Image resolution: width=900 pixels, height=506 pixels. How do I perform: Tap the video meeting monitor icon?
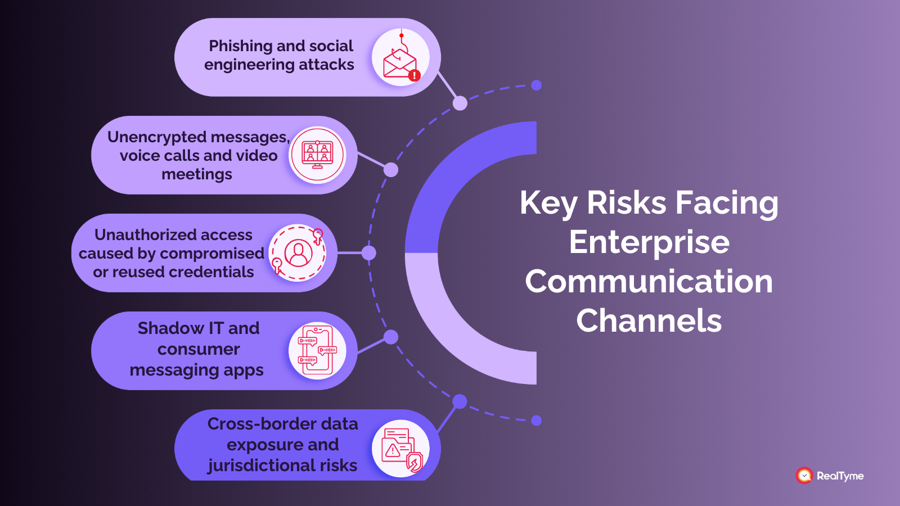317,155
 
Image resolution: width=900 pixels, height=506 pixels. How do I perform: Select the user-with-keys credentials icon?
298,253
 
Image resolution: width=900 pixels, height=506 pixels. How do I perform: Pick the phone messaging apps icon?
317,350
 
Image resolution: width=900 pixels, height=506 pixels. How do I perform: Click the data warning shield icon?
400,449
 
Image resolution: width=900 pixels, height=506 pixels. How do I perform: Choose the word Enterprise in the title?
649,242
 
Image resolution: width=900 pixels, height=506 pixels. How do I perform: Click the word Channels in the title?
649,320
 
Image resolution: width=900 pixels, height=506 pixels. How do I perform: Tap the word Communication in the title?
649,281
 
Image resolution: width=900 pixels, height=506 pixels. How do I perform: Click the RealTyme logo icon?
804,476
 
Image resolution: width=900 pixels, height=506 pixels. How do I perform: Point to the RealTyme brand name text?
840,476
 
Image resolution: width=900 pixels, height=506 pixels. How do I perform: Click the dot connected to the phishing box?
460,103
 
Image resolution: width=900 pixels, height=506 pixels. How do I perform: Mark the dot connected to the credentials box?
368,253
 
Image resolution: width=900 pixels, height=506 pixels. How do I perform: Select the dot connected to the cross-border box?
460,401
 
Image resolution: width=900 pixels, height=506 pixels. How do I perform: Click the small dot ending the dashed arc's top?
537,85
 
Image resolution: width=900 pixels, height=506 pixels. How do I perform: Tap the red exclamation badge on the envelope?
415,75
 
